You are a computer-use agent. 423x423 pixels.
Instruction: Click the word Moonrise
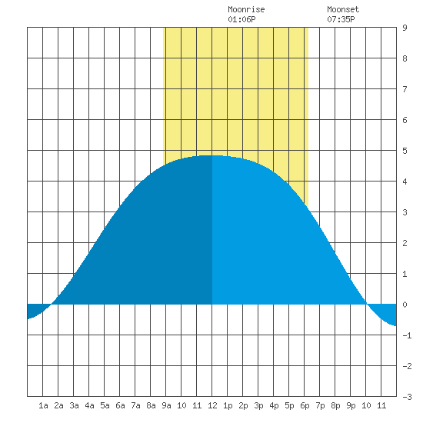point(246,9)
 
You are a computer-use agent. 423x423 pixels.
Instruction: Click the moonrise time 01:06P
point(241,19)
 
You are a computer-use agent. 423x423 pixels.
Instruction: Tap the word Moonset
point(343,9)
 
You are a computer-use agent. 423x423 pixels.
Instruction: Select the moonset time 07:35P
point(341,19)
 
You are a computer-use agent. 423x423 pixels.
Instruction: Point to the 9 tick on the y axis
point(405,28)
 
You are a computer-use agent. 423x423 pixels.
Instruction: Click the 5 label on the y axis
point(405,151)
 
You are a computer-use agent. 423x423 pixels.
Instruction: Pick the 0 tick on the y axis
point(405,305)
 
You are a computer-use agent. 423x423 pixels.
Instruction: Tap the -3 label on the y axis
point(407,397)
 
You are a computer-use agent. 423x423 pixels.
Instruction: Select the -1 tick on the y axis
point(407,335)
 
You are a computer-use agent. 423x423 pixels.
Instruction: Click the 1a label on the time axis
point(43,405)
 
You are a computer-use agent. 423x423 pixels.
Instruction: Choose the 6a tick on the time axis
point(120,405)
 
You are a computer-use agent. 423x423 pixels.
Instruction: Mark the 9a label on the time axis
point(166,405)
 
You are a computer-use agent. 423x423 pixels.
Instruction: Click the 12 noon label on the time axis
point(212,405)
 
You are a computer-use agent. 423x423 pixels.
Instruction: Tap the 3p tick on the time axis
point(258,405)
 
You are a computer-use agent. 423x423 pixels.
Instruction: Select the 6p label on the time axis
point(305,405)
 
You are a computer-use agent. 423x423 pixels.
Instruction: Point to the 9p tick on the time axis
point(351,405)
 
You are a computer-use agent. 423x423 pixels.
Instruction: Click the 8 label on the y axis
point(405,58)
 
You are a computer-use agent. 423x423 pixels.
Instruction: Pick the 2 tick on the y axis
point(405,243)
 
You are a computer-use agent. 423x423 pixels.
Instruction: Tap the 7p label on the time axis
point(320,405)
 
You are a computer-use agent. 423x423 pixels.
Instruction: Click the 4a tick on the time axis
point(89,405)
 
